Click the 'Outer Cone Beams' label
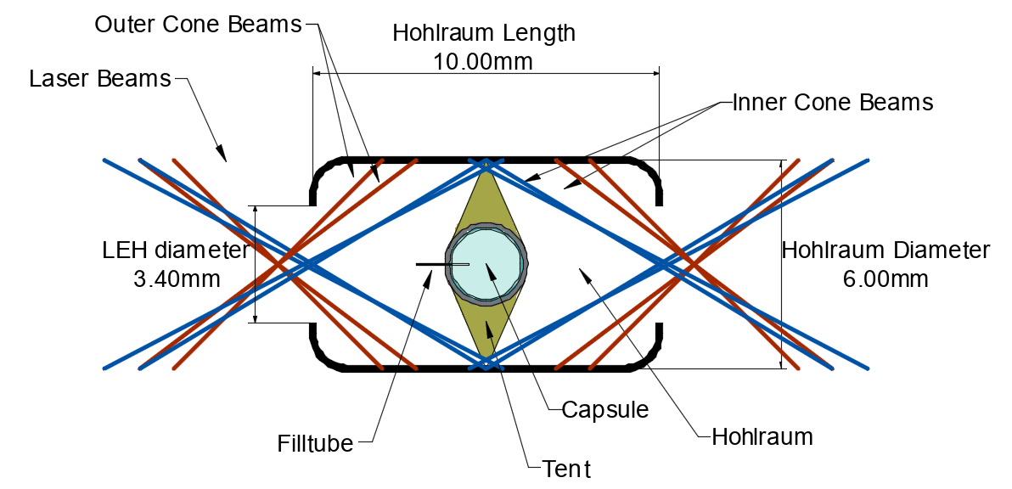point(198,25)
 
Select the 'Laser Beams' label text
point(100,79)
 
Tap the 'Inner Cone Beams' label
point(832,103)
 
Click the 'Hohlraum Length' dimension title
point(484,34)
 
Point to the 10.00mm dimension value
point(484,62)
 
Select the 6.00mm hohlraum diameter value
point(885,278)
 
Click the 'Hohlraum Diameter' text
point(885,250)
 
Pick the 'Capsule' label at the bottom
point(605,410)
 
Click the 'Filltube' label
point(315,443)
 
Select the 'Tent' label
point(566,468)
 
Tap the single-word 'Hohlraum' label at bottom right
point(762,437)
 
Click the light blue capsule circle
point(486,265)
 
